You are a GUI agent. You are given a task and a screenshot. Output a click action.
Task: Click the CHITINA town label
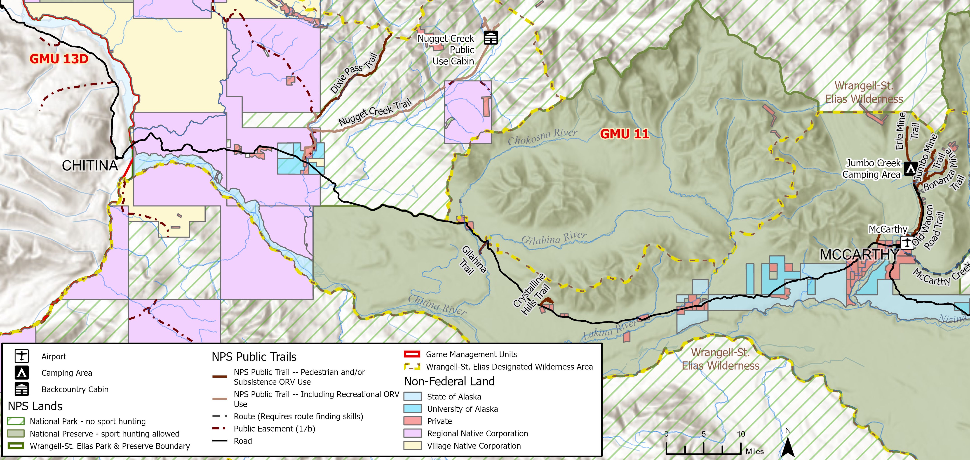tap(90, 166)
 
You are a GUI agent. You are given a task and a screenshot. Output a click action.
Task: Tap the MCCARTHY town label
tap(859, 255)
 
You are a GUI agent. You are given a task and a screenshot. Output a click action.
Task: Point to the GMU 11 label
tap(624, 134)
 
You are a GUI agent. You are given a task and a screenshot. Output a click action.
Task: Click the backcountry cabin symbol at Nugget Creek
tap(491, 38)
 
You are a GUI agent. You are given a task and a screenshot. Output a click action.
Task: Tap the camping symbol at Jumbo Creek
tap(911, 168)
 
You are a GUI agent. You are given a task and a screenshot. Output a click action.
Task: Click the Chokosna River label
tap(542, 137)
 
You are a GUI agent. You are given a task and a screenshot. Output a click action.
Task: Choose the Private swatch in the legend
tap(412, 421)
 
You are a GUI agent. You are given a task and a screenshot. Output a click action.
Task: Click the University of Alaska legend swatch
tap(412, 409)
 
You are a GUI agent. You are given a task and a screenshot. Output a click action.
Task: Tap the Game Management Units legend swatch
tap(412, 354)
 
